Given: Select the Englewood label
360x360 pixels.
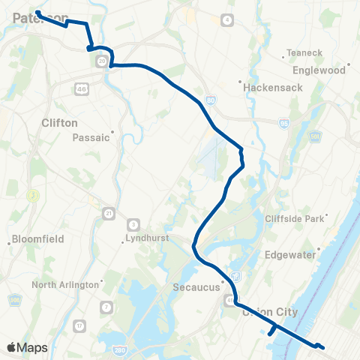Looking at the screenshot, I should (x=324, y=70).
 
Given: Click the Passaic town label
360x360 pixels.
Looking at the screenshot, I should (x=91, y=137).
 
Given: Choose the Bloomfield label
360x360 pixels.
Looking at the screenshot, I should (x=37, y=239).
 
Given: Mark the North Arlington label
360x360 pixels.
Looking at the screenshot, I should (x=65, y=285).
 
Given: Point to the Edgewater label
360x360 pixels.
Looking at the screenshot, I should (x=289, y=254).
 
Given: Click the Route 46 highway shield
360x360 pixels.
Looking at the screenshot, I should (x=80, y=89).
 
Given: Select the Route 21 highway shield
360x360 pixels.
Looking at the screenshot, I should (x=109, y=213).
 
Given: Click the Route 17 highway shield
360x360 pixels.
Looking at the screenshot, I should (x=79, y=326).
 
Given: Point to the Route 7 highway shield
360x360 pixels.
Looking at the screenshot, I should (x=106, y=307).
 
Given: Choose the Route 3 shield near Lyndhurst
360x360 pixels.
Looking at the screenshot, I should (x=133, y=223).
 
